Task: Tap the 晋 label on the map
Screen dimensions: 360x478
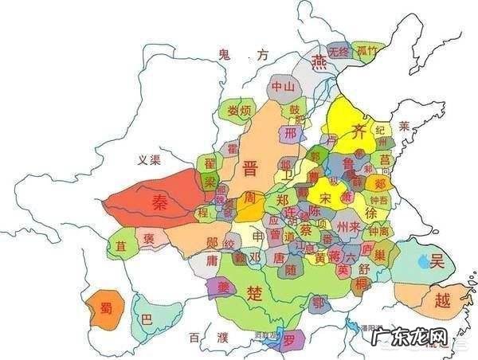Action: point(249,167)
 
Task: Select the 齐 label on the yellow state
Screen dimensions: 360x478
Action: point(360,132)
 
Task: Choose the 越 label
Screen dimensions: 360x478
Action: point(443,300)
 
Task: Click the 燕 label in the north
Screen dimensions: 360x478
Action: point(320,62)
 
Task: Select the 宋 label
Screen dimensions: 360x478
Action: point(326,196)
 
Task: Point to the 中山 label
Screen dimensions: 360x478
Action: point(283,86)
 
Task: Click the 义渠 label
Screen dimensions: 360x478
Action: point(149,160)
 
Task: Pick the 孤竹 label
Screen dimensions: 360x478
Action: point(366,50)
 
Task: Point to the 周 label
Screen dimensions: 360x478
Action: point(250,197)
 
